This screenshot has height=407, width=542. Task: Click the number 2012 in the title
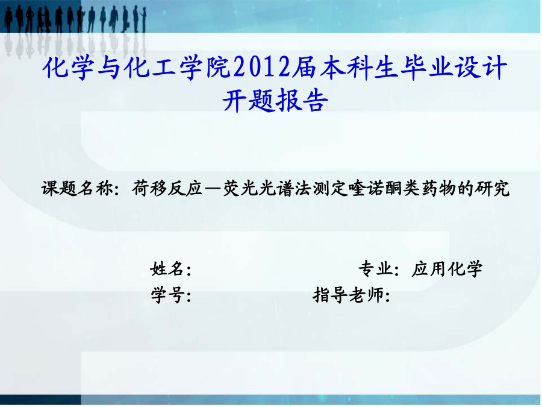coord(263,67)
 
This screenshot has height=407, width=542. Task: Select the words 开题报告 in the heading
coord(275,101)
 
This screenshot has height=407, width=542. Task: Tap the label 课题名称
coord(78,189)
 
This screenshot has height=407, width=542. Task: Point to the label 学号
coord(167,295)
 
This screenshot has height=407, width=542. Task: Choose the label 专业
coord(375,269)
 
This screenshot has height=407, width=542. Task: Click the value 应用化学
coord(447,269)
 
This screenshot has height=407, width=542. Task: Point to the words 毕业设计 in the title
coord(453,67)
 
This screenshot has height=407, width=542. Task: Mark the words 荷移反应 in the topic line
coord(167,189)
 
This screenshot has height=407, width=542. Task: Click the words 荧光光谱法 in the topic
coord(267,189)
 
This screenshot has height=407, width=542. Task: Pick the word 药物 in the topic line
coord(438,189)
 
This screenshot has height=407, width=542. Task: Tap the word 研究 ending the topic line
coord(492,189)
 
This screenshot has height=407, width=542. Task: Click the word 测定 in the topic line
coord(330,189)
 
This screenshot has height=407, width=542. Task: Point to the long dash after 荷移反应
coord(213,189)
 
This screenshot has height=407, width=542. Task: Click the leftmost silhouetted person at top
coord(8,20)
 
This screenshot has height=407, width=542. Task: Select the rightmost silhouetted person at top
coord(144,20)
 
